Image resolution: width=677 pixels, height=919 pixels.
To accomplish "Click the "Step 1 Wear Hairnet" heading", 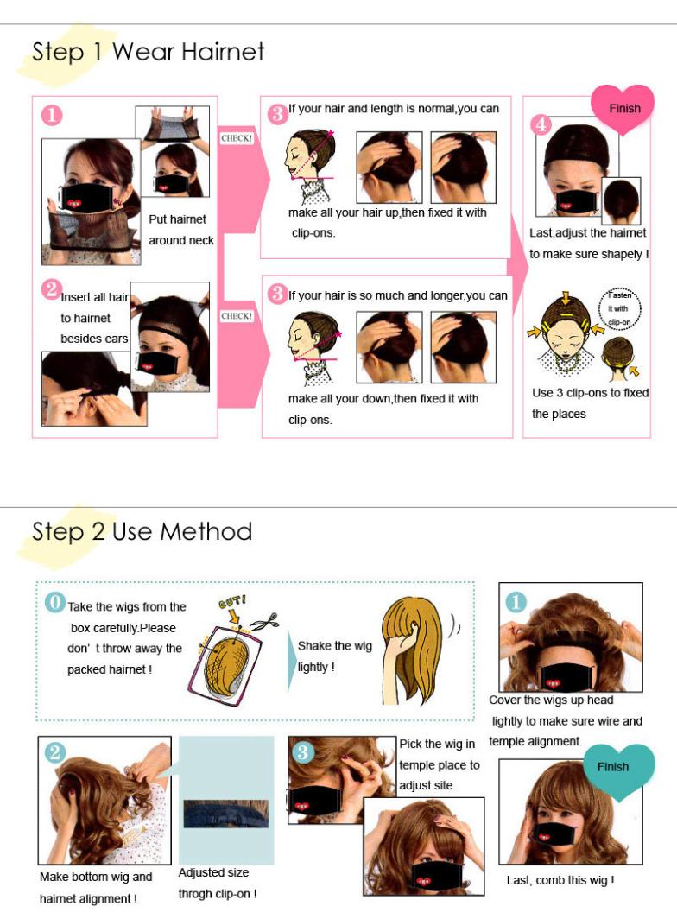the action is pos(148,52).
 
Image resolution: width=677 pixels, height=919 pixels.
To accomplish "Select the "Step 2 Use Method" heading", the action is pos(142,531).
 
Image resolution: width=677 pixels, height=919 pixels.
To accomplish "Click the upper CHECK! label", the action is pos(237,138).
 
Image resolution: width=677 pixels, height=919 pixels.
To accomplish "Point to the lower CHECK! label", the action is pos(237,316).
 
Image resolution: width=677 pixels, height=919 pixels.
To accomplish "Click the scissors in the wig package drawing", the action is pos(264,621).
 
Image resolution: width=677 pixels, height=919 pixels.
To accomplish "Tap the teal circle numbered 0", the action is pos(55,602).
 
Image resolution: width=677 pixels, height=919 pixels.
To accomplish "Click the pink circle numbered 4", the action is pos(540,124).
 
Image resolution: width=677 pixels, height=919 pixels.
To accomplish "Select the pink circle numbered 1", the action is pos(52,115).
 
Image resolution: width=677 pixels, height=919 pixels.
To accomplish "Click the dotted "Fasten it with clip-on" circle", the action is pos(619,309).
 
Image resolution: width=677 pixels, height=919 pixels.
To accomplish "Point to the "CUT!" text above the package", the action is pos(232,601).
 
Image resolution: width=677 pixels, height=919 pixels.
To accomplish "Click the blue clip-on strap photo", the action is pos(225,814).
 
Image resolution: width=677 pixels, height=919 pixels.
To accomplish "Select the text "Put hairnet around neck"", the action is pos(181,230).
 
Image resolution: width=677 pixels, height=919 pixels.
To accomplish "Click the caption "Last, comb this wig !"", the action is pos(560,880).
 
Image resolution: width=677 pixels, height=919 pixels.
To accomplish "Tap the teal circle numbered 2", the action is pos(55,752).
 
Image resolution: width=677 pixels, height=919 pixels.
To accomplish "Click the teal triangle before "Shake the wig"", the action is pos(292,661).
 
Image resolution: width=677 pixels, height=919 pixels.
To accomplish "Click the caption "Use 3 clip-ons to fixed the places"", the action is pos(591,403).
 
